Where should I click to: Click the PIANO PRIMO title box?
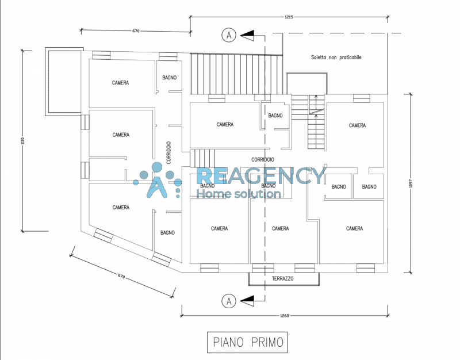(247, 342)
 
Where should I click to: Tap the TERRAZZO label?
(282, 278)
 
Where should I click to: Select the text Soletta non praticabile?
(336, 58)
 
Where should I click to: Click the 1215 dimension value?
(289, 17)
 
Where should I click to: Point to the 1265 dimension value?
(285, 316)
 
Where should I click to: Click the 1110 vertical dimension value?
(23, 141)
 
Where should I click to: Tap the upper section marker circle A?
(229, 35)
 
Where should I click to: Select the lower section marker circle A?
(229, 301)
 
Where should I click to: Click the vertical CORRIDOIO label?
(168, 152)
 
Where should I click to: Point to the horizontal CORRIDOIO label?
(263, 160)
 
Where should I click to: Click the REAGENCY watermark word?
(261, 175)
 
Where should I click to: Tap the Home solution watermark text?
(239, 194)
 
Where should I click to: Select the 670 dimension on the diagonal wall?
(121, 276)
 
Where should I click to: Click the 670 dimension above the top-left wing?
(136, 31)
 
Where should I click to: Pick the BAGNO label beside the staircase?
(275, 116)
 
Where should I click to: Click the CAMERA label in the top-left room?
(120, 83)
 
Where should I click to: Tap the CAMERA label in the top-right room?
(357, 125)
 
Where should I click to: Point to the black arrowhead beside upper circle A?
(247, 36)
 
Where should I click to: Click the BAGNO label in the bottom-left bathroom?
(167, 233)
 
